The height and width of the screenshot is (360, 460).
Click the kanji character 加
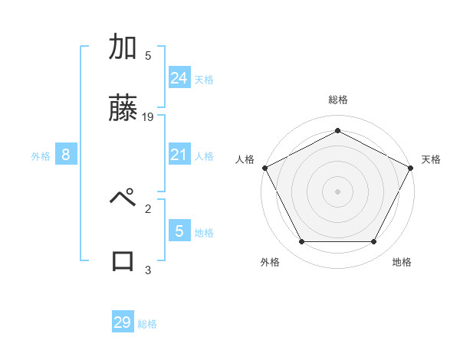[x=123, y=48]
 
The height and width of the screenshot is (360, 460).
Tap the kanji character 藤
[x=123, y=109]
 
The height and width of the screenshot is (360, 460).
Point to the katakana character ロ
[x=123, y=260]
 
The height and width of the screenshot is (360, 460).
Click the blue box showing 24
[x=179, y=77]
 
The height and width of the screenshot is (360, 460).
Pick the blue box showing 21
[x=179, y=155]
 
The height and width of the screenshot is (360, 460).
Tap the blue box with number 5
[x=179, y=231]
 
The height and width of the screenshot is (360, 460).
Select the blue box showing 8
[x=66, y=155]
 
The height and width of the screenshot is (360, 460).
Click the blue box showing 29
[x=123, y=322]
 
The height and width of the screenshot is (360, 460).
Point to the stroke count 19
[x=149, y=117]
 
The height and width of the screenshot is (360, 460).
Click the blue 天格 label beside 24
[x=204, y=79]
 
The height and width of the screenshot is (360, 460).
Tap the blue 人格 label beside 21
[x=204, y=156]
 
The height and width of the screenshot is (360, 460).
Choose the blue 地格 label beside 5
[x=204, y=232]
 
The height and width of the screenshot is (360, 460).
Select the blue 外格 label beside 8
[x=41, y=156]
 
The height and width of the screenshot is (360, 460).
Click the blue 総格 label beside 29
[x=147, y=324]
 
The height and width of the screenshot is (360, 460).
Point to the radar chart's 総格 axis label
[x=337, y=100]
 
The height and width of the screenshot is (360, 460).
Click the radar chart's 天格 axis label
[x=431, y=159]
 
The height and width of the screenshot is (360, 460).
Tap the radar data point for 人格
[x=264, y=167]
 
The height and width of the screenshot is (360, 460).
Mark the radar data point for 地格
[x=374, y=242]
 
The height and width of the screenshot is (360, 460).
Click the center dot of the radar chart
[x=337, y=191]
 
